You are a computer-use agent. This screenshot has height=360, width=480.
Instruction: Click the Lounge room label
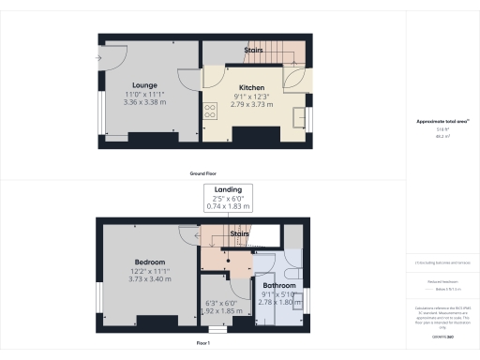143,86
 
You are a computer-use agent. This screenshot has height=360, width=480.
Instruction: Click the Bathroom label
279,285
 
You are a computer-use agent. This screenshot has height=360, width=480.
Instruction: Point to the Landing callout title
229,189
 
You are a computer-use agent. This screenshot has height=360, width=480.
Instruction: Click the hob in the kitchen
210,109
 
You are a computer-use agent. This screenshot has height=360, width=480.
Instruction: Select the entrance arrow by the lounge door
99,56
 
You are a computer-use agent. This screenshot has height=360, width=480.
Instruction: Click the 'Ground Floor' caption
205,174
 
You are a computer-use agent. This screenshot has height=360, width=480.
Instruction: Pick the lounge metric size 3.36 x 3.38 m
143,103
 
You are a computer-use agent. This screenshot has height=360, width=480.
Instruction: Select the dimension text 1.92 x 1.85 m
225,310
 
